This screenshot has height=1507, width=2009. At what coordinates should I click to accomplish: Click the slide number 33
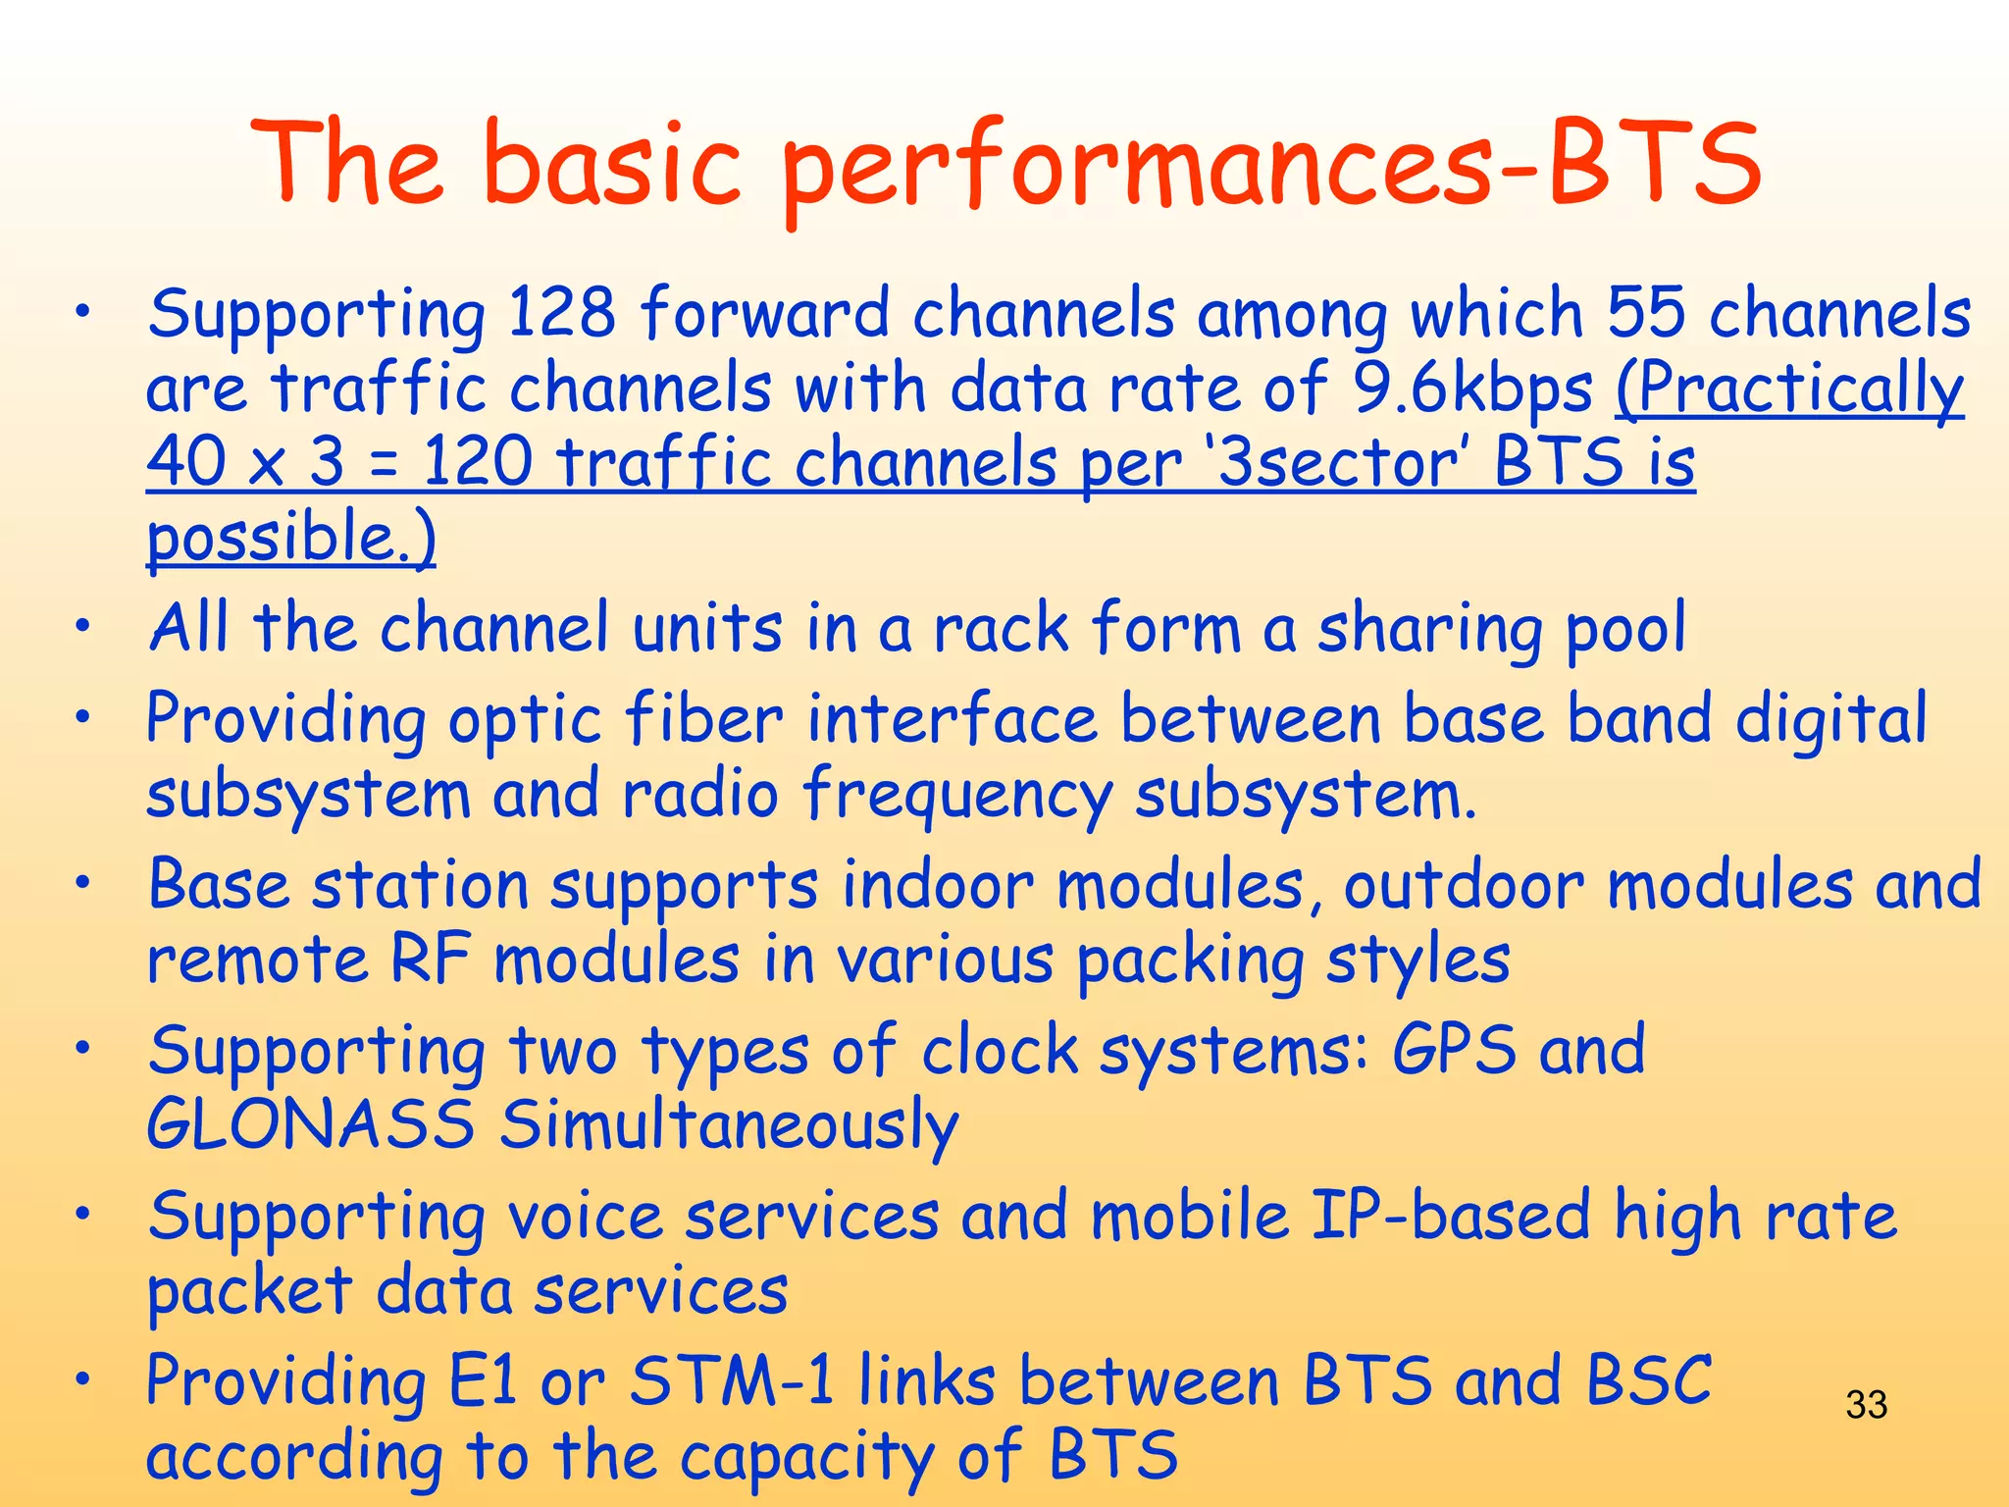point(1866,1405)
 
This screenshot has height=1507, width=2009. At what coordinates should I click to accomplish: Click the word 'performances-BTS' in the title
point(1270,165)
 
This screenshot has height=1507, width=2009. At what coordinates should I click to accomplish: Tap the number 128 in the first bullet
point(562,314)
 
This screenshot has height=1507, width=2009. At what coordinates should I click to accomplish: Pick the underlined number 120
point(478,462)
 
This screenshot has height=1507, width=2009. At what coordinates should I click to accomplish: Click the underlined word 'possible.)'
point(291,538)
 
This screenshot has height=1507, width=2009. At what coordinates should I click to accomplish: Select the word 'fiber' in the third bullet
point(703,719)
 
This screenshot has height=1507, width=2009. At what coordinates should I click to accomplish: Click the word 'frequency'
point(957,795)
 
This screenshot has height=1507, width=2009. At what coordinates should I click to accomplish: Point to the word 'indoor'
point(938,885)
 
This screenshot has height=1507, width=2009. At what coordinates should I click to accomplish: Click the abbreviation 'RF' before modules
point(431,960)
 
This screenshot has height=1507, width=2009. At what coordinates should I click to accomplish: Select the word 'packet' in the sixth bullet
point(249,1291)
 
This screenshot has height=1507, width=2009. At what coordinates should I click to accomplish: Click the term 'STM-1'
point(732,1381)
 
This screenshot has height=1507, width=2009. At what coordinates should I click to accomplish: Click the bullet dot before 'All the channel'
point(85,625)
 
